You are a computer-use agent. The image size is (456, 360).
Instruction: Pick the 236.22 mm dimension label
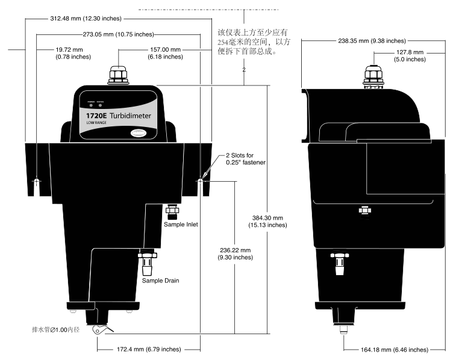[236, 253]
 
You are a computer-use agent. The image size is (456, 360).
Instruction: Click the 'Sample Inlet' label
[181, 225]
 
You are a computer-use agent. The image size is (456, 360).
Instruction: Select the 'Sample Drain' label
[160, 280]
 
